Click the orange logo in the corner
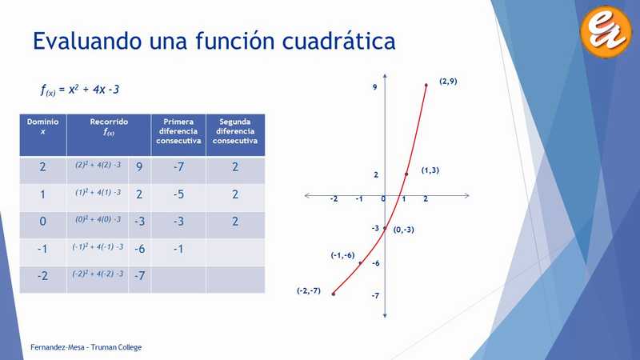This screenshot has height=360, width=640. coord(606,31)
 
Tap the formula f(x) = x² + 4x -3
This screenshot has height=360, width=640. coord(80,90)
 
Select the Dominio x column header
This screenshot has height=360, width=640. coord(43,126)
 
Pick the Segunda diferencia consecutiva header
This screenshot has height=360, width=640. coord(235,131)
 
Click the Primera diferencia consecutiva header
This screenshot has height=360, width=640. coord(178,131)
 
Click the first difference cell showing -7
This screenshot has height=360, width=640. coord(178,167)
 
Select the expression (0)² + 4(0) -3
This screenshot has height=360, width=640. coord(98,219)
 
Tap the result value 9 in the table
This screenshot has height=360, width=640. coord(139,167)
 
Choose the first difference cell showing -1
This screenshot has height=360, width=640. coord(178,249)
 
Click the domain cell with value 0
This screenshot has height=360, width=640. coord(43,222)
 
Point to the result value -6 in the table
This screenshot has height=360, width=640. coord(139,249)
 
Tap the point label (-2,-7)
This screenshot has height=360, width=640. coord(309,290)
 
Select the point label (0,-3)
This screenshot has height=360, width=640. coord(404,230)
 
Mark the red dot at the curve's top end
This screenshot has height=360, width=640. coord(426,86)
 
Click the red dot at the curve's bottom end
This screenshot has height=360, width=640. coord(334,294)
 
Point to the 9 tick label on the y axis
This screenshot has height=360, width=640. coord(374,87)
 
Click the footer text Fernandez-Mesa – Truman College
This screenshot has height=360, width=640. coord(86,347)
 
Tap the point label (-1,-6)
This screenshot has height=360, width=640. coord(342,255)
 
